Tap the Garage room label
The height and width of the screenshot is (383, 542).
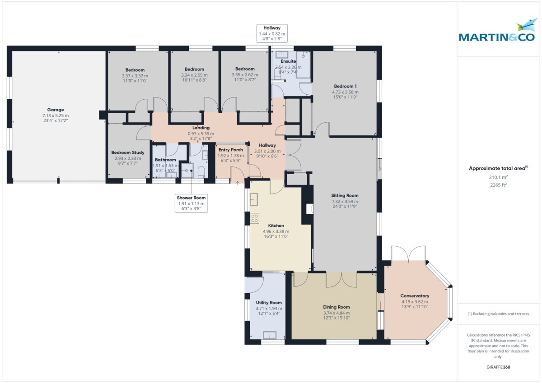(x=56, y=110)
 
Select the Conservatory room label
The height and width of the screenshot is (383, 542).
(x=415, y=296)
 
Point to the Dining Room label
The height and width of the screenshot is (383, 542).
(x=336, y=307)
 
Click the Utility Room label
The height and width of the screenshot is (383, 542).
(x=269, y=303)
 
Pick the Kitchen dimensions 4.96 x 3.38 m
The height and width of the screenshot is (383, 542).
(x=276, y=231)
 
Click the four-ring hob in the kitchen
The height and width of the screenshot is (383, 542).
(x=255, y=218)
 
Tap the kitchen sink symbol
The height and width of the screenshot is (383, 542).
(x=254, y=199)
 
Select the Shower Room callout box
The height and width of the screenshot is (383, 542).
(x=191, y=203)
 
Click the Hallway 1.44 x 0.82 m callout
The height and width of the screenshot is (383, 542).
(x=272, y=33)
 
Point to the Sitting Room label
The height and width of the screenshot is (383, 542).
(x=345, y=195)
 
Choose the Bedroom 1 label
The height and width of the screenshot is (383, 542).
(x=345, y=86)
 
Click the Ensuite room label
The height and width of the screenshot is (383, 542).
(x=288, y=61)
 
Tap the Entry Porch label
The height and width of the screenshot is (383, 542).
(x=231, y=150)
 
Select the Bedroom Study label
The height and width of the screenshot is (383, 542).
(x=128, y=152)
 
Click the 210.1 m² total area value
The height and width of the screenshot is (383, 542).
(x=498, y=177)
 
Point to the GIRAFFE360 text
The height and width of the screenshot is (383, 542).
(x=498, y=367)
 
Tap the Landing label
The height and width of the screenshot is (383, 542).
(x=201, y=128)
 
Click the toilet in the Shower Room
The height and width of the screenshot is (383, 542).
(x=201, y=172)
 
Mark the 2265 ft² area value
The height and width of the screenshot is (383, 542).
(x=498, y=185)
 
